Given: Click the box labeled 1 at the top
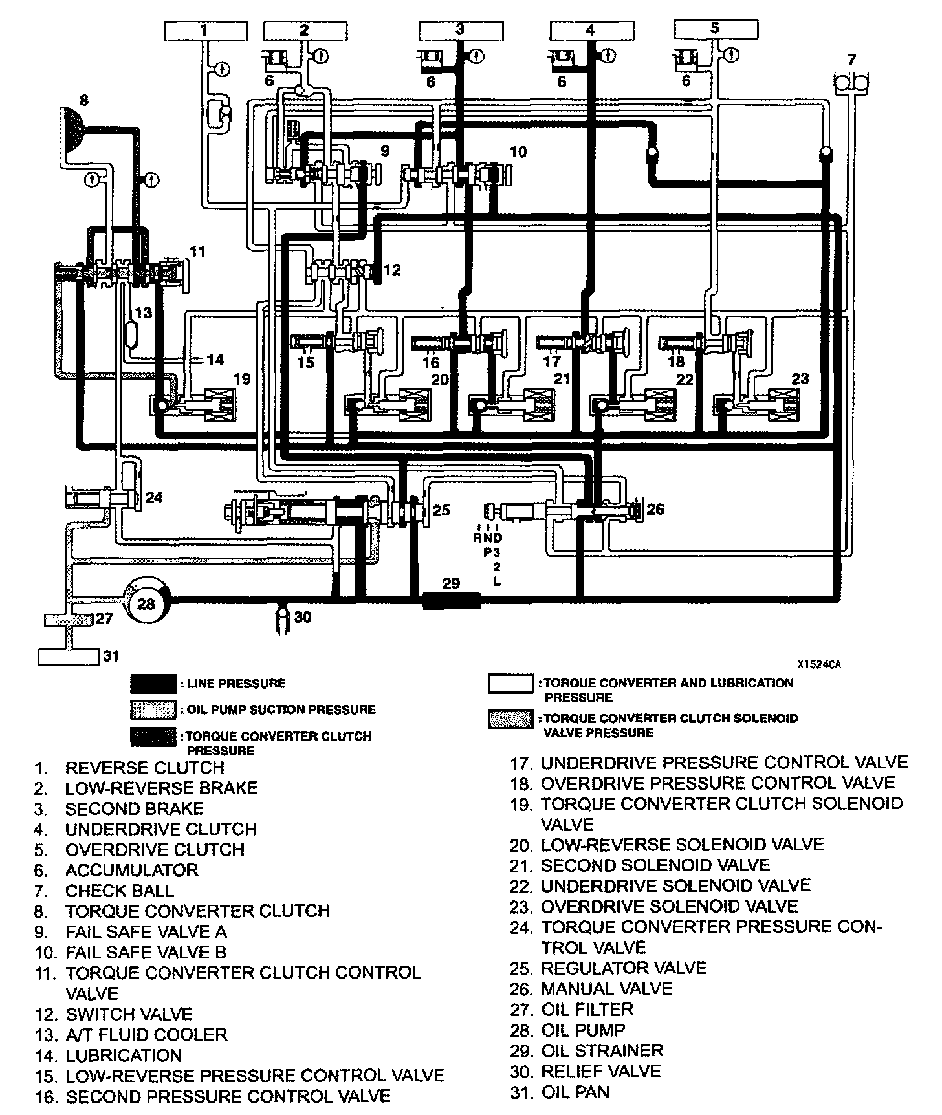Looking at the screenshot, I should [x=204, y=30].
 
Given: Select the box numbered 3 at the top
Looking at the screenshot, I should [x=459, y=30].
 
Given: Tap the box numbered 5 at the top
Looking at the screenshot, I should [x=715, y=28].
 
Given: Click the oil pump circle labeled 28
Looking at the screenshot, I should [x=147, y=603].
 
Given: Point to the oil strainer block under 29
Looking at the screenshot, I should [x=451, y=601].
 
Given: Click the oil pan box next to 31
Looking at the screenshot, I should [x=68, y=656].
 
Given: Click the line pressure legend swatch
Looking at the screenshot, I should [x=153, y=684].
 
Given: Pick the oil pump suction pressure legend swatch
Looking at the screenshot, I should [x=153, y=709].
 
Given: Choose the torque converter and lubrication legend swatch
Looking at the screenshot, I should [x=510, y=684].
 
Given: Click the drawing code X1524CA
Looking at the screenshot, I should [x=819, y=664].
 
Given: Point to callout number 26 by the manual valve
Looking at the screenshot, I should [x=655, y=510].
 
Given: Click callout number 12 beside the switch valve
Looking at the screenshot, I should [x=392, y=270].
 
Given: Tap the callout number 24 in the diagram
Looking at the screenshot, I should [x=154, y=497].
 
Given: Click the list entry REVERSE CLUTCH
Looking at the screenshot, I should [x=144, y=768].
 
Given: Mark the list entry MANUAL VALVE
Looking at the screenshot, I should [x=606, y=989].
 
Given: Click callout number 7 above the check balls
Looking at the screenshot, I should [x=851, y=60].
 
